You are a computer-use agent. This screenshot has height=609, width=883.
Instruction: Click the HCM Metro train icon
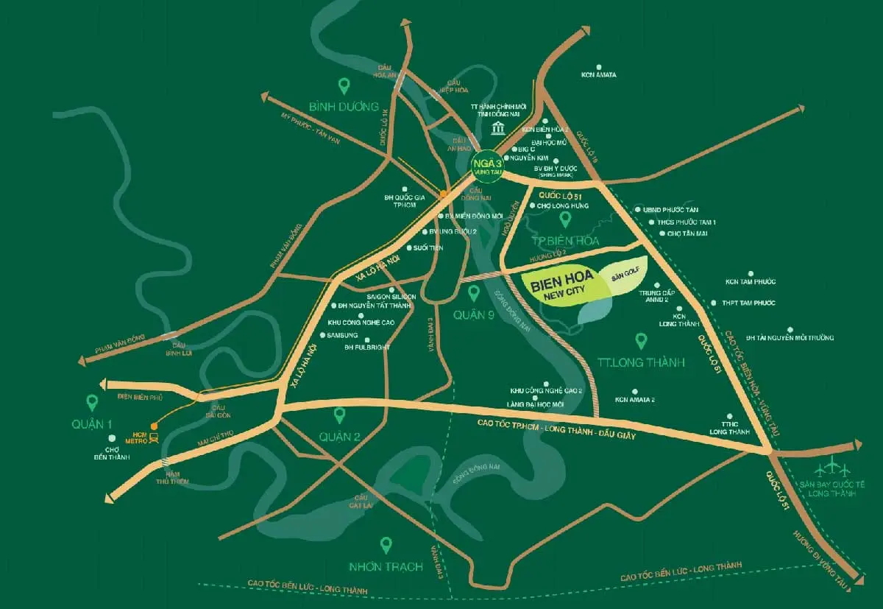pos(153,438)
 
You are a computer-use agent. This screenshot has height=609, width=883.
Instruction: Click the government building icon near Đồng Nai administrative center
pos(499,130)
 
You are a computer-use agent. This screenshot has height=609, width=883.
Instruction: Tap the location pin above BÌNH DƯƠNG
pos(342,86)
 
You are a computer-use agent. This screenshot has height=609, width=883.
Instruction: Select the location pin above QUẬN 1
pos(92,403)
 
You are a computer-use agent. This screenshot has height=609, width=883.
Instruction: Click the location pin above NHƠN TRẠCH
pos(386,546)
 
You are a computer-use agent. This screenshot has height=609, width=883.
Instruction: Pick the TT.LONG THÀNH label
pos(641,362)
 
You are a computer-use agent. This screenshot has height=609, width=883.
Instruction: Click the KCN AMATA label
pos(598,74)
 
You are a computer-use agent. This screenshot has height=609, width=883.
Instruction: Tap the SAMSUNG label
pos(342,335)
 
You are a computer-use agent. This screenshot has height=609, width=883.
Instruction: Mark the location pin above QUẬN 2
pos(339,415)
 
